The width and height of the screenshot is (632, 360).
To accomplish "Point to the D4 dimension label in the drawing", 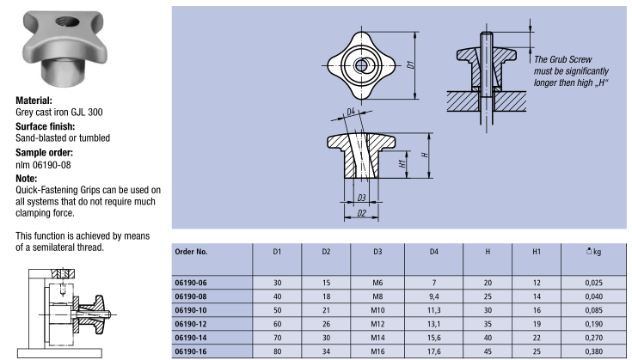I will [x=351, y=112].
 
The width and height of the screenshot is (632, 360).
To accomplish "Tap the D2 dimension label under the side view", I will [x=362, y=212].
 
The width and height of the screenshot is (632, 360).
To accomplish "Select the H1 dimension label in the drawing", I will [x=403, y=162].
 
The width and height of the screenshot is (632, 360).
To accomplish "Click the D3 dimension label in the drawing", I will [x=362, y=198].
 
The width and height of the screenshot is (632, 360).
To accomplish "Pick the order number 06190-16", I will [x=191, y=351].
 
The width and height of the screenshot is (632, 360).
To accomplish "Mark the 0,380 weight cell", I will [x=592, y=351].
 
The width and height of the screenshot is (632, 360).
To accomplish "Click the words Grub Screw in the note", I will [x=569, y=59].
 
